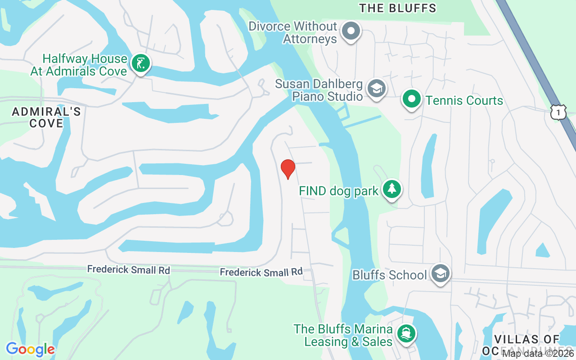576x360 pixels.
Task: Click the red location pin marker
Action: click(288, 169)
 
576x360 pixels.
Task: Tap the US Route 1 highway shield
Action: click(558, 112)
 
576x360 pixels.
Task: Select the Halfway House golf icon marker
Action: click(141, 64)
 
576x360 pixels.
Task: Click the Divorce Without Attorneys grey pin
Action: click(351, 31)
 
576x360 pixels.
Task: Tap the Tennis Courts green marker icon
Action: click(411, 99)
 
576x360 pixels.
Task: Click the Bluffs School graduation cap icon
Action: click(440, 274)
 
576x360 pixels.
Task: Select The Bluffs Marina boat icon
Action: click(406, 334)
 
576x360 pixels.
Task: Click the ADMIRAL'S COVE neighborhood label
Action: click(46, 117)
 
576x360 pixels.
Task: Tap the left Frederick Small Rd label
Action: click(129, 270)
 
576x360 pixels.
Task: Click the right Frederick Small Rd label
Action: click(261, 272)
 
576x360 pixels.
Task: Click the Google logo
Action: click(30, 349)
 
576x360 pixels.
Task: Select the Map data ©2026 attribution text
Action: click(538, 354)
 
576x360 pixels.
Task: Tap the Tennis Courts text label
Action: click(464, 100)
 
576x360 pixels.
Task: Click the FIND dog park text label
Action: click(339, 191)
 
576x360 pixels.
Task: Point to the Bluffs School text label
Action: click(389, 275)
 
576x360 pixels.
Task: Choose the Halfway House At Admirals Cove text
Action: click(79, 65)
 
